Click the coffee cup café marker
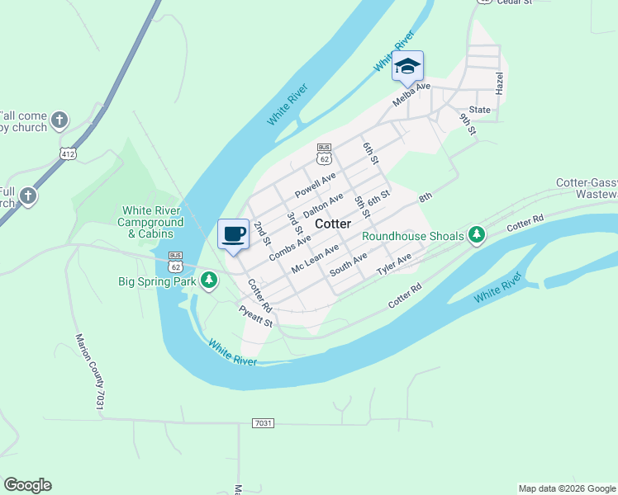coord(233,233)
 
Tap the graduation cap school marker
coord(407,66)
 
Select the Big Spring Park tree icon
coord(210,280)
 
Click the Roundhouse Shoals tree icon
coord(476,236)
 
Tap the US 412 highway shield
coord(68,153)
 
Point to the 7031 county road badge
coord(263,423)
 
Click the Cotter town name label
coord(333,224)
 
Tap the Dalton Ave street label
coord(323,205)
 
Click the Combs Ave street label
coord(290,248)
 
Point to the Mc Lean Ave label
coord(315,259)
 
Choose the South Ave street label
coord(348,266)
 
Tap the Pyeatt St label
coord(255,316)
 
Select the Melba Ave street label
coord(411,92)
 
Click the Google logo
coord(27,485)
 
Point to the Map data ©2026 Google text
coord(567,488)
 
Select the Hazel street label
coord(499,83)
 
